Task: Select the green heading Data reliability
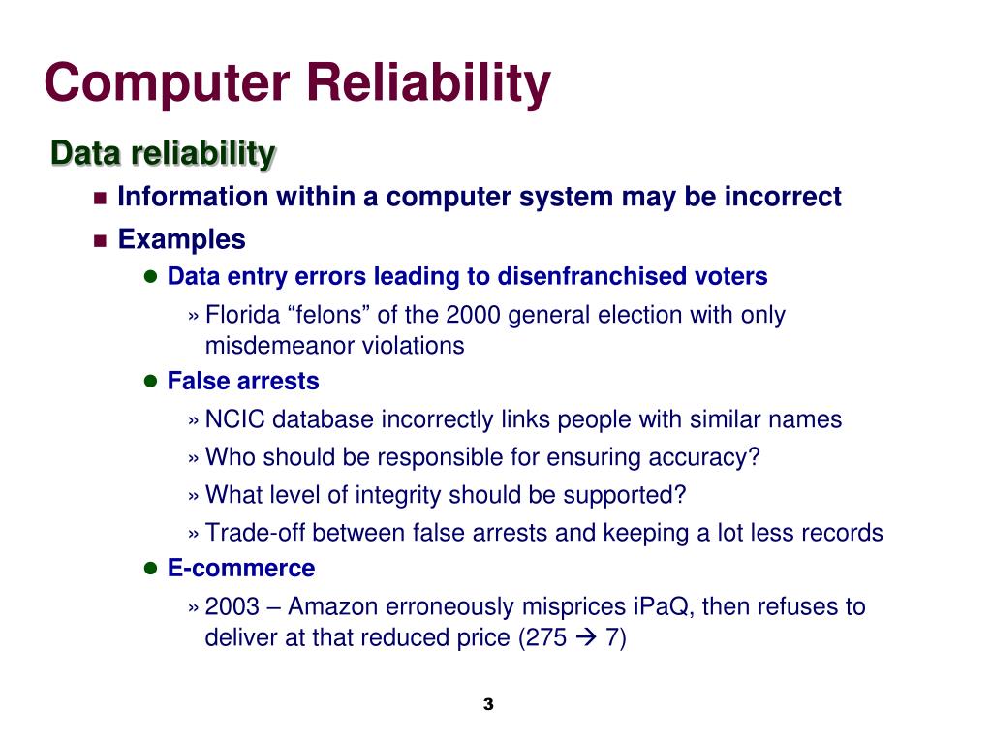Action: [x=163, y=153]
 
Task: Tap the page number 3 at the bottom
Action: [x=488, y=704]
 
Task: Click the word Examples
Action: [x=181, y=239]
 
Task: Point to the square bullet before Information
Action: [x=100, y=199]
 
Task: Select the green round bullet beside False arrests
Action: [x=149, y=381]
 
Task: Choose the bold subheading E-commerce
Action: [x=241, y=568]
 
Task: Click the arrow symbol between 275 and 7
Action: [x=586, y=638]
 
